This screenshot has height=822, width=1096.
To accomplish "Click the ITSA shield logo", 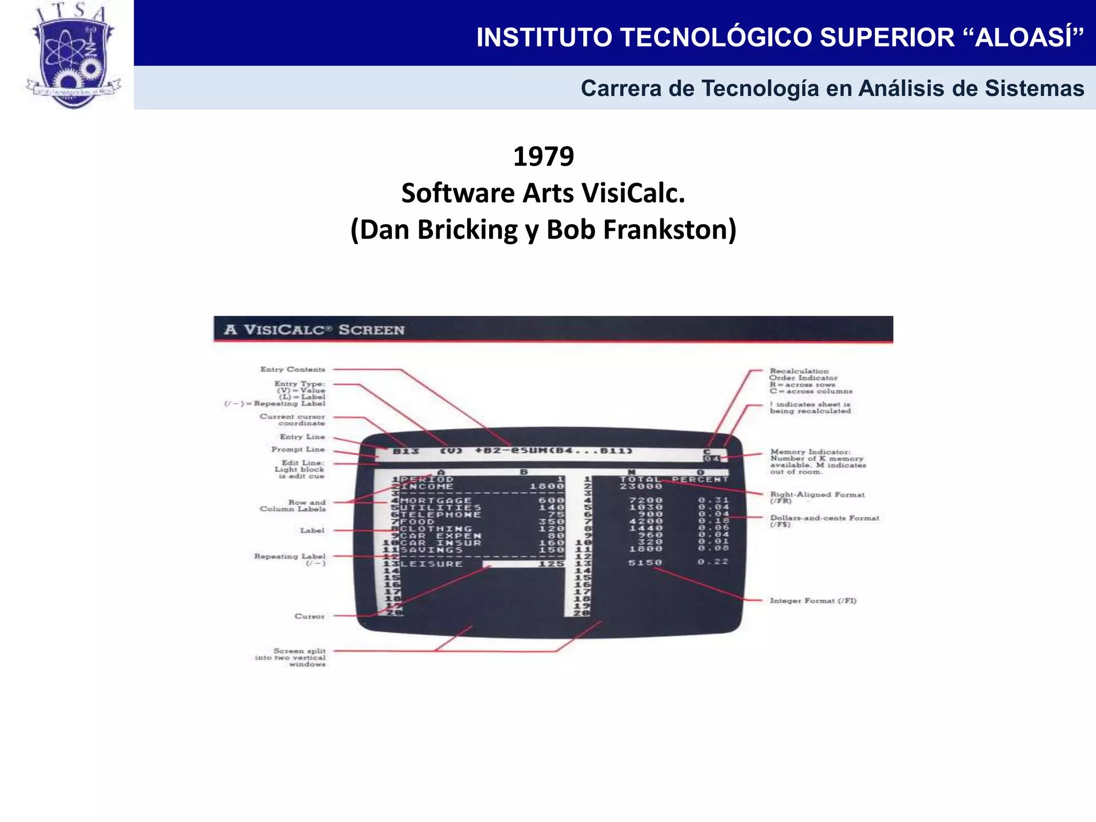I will click(x=73, y=56).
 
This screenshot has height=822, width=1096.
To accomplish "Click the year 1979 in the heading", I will click(x=543, y=157).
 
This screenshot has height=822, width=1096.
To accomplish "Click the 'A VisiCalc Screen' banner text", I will click(x=315, y=330).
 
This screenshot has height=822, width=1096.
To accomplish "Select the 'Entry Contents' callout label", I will click(x=293, y=369).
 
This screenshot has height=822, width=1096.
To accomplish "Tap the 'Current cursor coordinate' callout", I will click(x=293, y=420).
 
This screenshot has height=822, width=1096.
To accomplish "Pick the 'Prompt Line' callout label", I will click(x=298, y=450).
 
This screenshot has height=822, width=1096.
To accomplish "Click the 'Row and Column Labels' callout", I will click(x=293, y=506).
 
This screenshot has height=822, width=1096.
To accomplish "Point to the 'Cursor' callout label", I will click(x=309, y=616).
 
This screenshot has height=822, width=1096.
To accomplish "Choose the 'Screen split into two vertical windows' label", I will click(x=291, y=658).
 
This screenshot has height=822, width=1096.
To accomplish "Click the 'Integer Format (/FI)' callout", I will click(x=813, y=601).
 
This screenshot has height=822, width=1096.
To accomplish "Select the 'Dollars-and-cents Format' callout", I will click(x=824, y=518).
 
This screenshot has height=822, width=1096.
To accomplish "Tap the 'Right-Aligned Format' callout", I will click(x=817, y=495).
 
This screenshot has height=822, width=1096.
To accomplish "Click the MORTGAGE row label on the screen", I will click(x=436, y=500).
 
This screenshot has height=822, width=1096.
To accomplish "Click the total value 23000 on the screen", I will click(x=641, y=486).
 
